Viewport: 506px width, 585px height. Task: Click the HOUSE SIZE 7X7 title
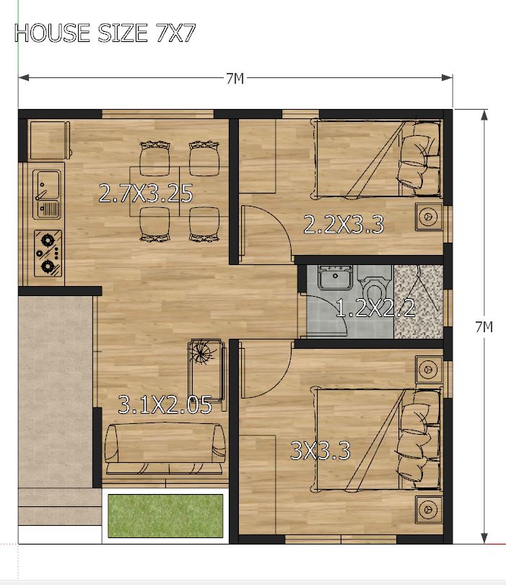[105, 32]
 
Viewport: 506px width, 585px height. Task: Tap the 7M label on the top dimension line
[235, 79]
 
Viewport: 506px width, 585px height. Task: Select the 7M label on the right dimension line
[484, 327]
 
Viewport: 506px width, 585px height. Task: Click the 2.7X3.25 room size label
[146, 194]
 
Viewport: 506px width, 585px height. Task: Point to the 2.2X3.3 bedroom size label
[344, 225]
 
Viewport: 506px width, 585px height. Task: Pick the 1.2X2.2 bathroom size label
[375, 308]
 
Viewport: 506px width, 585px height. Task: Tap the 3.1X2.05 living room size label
[165, 404]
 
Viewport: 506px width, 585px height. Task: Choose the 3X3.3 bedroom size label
[320, 451]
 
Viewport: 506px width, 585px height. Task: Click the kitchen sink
[47, 194]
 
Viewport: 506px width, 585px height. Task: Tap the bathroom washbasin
[335, 277]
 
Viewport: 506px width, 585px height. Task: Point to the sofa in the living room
[165, 448]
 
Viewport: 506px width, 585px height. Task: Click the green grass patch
[165, 516]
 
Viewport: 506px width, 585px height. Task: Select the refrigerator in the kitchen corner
[49, 140]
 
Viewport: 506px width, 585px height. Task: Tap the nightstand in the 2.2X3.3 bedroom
[429, 217]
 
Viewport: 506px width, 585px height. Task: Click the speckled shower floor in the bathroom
[419, 301]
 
